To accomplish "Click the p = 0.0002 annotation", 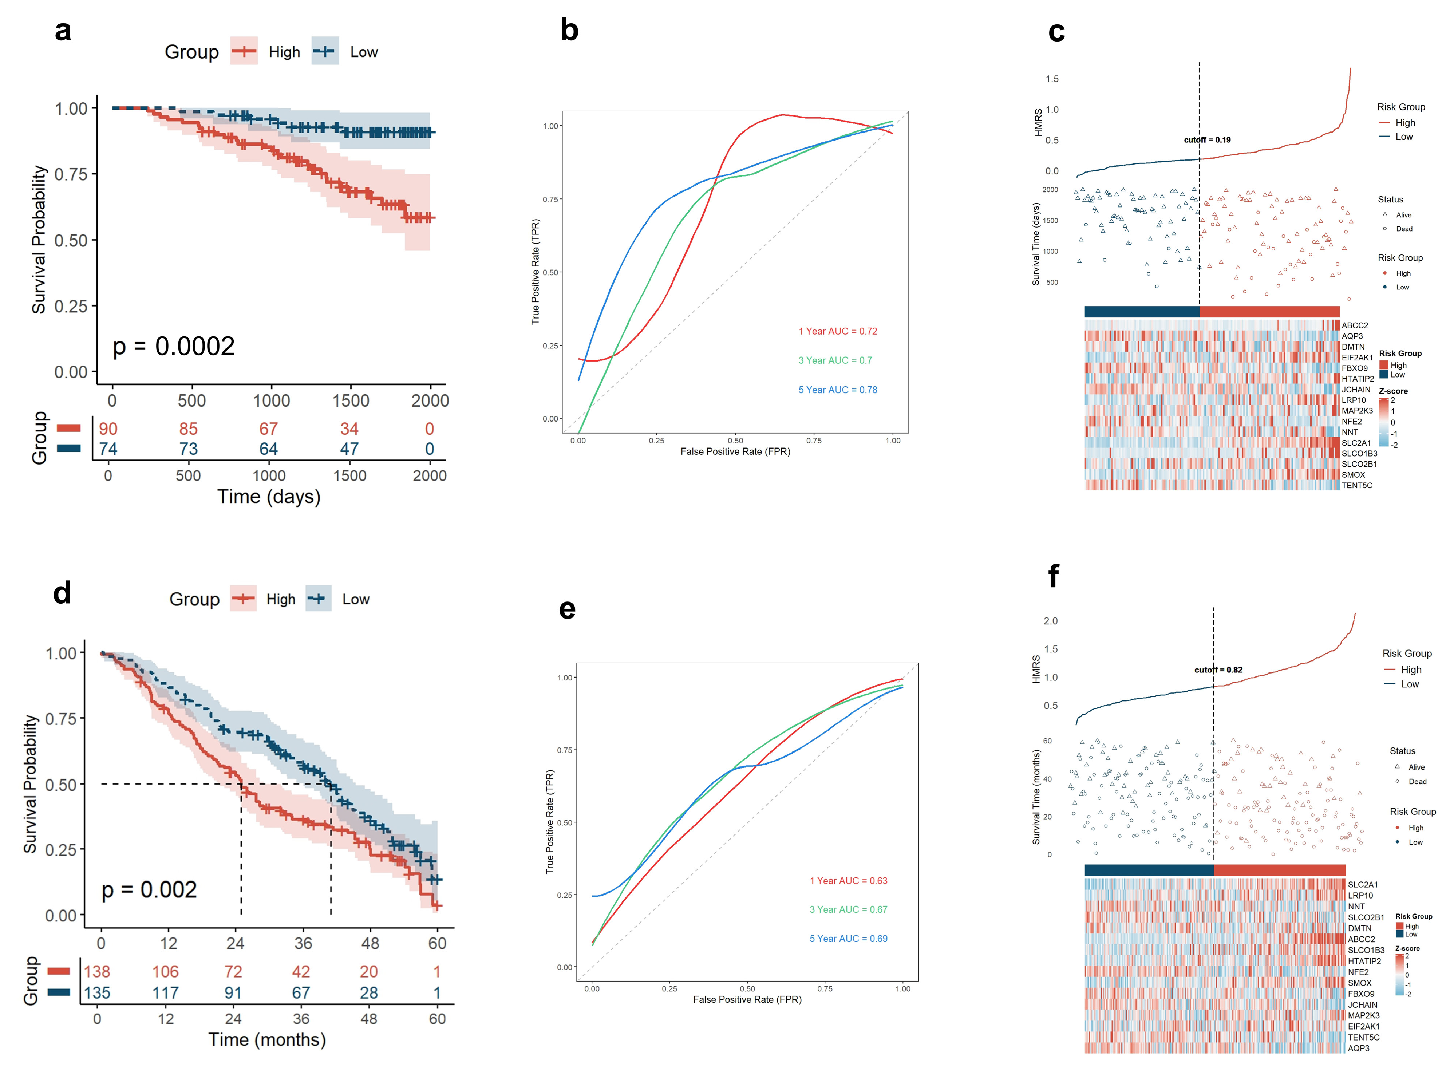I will pyautogui.click(x=174, y=347).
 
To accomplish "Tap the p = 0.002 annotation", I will pyautogui.click(x=149, y=889).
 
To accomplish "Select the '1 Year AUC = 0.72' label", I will pyautogui.click(x=838, y=332).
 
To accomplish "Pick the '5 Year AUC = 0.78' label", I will pyautogui.click(x=838, y=390).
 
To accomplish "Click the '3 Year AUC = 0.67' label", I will pyautogui.click(x=848, y=909).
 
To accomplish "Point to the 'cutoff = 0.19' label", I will pyautogui.click(x=1207, y=140).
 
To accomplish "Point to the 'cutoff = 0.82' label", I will pyautogui.click(x=1218, y=670).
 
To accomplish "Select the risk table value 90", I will pyautogui.click(x=108, y=429).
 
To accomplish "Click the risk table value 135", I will pyautogui.click(x=97, y=993).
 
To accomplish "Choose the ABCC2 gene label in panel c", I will pyautogui.click(x=1355, y=326).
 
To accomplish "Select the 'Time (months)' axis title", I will pyautogui.click(x=267, y=1039).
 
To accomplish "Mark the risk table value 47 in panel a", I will pyautogui.click(x=349, y=449).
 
